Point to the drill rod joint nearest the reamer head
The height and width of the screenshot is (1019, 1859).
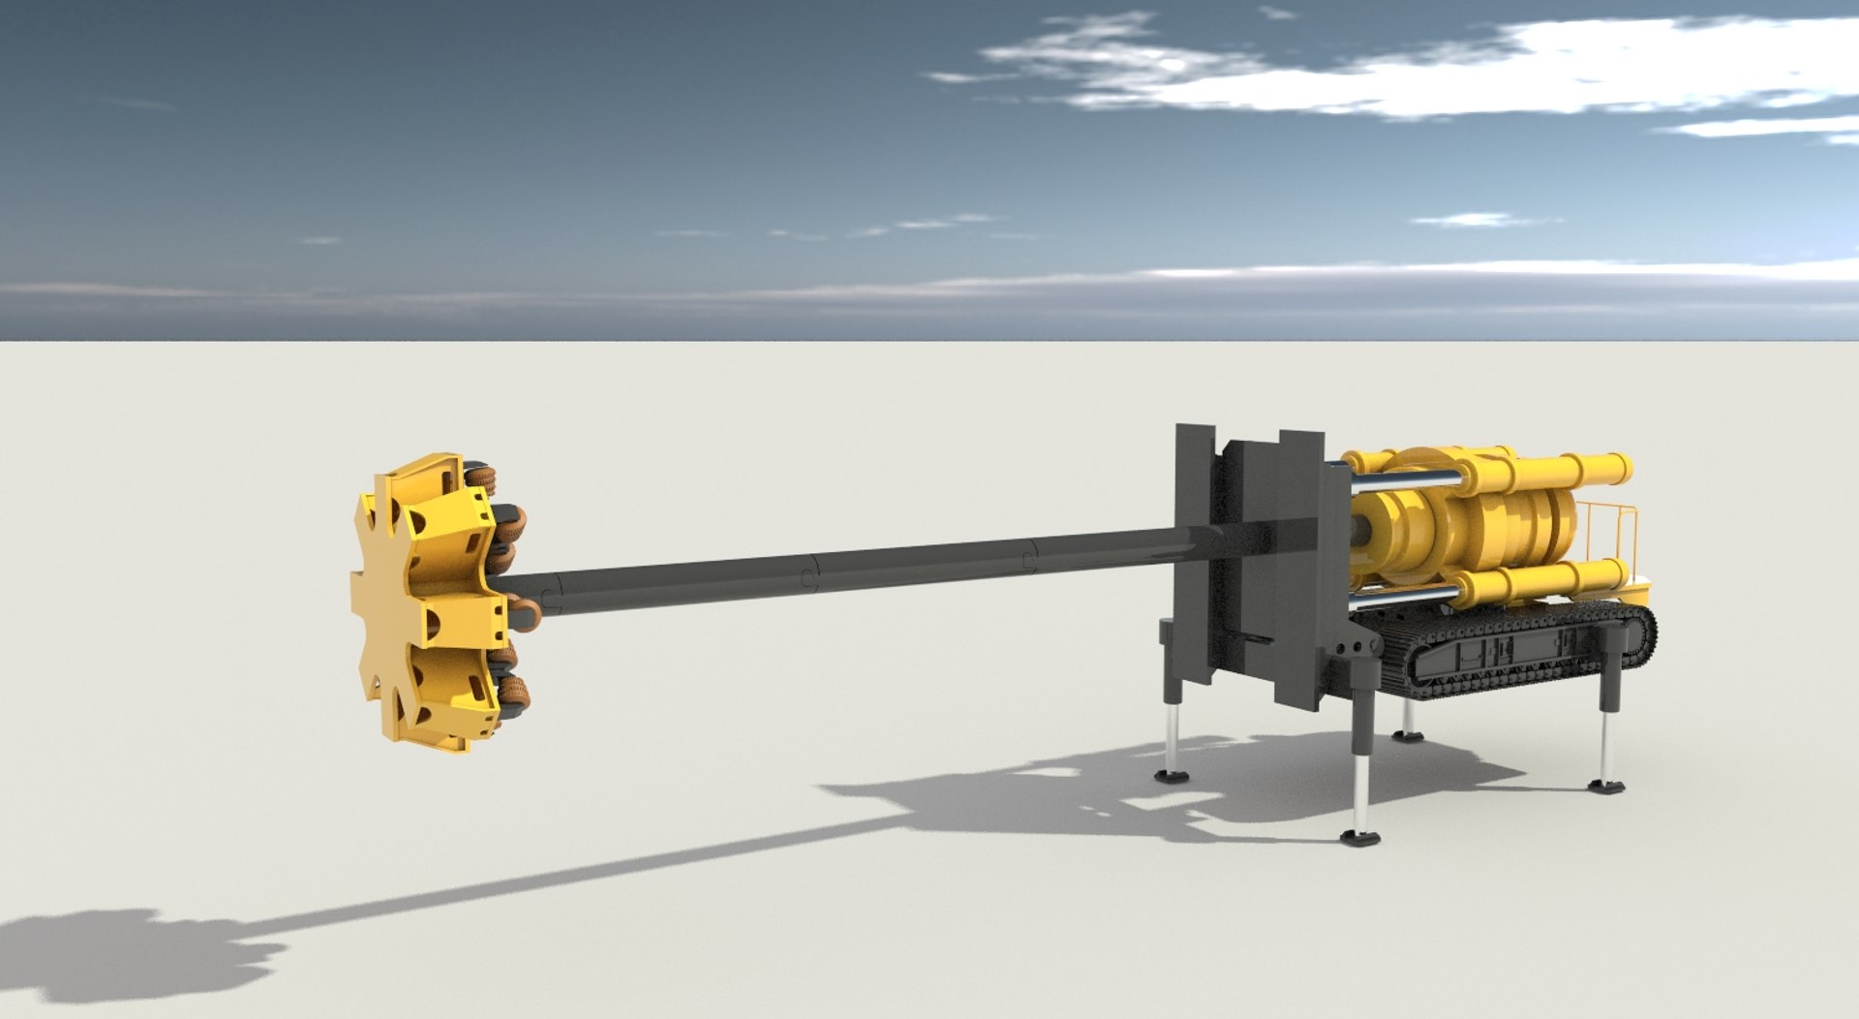(551, 592)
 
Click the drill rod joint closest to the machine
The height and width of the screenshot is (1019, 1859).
(1030, 555)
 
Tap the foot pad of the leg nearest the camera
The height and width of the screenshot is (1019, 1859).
(1360, 837)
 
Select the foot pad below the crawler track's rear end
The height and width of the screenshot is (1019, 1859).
(1606, 786)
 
